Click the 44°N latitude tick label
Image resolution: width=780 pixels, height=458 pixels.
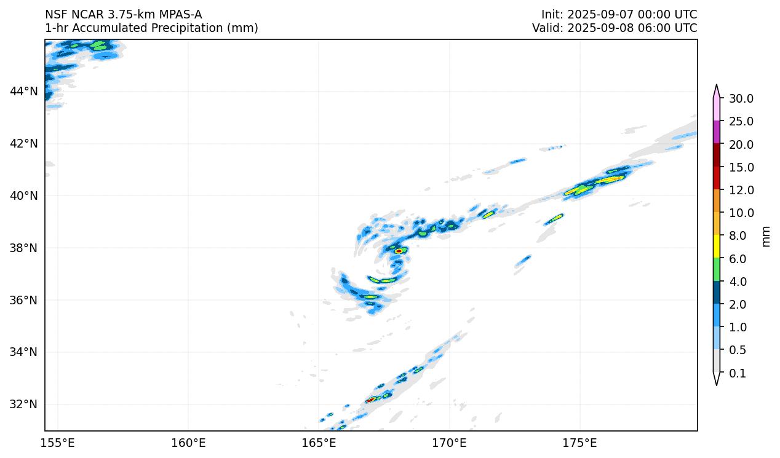[23, 92]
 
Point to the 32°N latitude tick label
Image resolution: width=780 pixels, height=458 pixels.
[23, 404]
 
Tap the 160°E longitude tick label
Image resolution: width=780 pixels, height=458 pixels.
[188, 443]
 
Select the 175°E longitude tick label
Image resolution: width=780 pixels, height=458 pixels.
[580, 443]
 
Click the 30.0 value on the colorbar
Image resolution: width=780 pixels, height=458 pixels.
[741, 98]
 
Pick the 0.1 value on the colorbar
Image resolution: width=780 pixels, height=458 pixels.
[737, 373]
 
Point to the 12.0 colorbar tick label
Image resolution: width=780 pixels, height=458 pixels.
[741, 190]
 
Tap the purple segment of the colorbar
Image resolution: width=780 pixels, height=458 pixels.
[717, 132]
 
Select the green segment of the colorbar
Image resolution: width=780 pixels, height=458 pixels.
[717, 269]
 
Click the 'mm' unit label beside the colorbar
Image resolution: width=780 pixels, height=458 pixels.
[766, 236]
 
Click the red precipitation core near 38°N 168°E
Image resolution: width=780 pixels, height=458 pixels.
[399, 251]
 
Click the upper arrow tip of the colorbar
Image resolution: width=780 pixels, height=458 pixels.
[717, 87]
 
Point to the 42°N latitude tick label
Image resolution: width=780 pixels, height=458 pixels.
[23, 143]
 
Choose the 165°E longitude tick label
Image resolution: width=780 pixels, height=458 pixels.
[319, 443]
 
